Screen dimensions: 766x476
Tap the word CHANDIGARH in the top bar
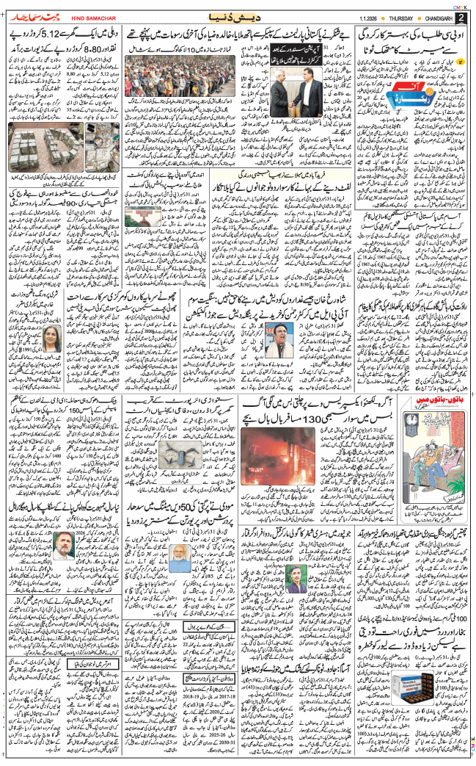(428, 17)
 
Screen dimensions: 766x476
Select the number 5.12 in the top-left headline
(60, 35)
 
